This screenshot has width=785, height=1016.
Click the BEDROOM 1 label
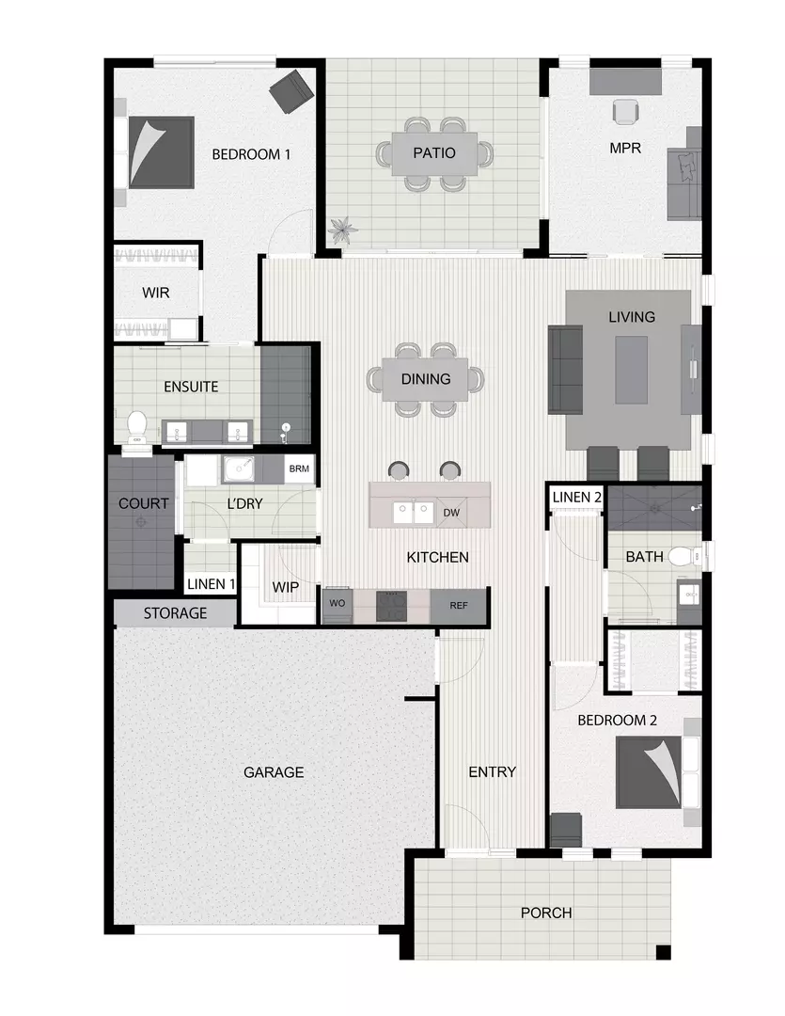click(x=250, y=154)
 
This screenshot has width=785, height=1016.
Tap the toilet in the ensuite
click(x=137, y=426)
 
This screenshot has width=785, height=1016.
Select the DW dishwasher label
click(x=450, y=513)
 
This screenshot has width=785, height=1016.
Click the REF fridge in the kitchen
click(x=459, y=606)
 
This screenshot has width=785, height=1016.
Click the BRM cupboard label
click(x=299, y=468)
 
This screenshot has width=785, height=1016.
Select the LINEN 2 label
click(x=576, y=497)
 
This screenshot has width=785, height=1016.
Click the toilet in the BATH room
click(x=683, y=557)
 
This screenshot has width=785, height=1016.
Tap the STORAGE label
click(x=175, y=613)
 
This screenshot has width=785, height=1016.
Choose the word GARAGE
click(x=274, y=772)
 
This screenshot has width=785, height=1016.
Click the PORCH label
click(x=545, y=913)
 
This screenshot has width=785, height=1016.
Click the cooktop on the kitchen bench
click(x=390, y=606)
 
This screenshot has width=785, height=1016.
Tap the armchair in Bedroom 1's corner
click(x=290, y=90)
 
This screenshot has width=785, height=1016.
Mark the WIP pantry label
click(x=285, y=587)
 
